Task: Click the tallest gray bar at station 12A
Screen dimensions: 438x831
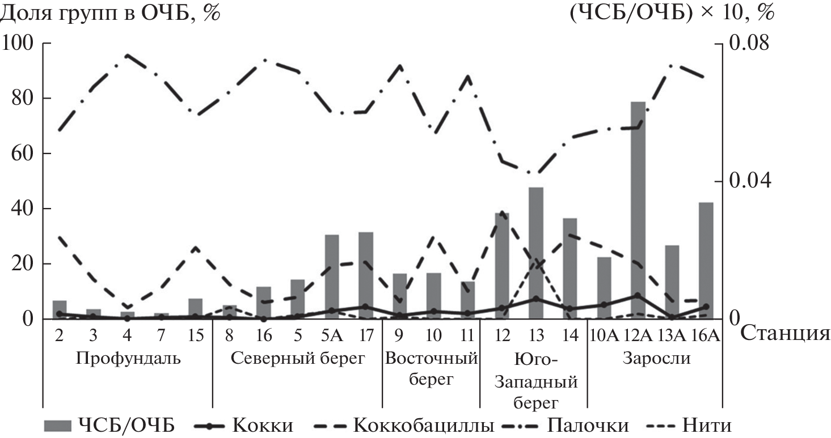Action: [638, 210]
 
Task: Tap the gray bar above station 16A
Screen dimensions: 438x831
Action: [706, 261]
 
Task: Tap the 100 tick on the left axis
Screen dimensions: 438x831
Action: [19, 44]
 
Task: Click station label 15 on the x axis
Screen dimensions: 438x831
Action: [195, 335]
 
